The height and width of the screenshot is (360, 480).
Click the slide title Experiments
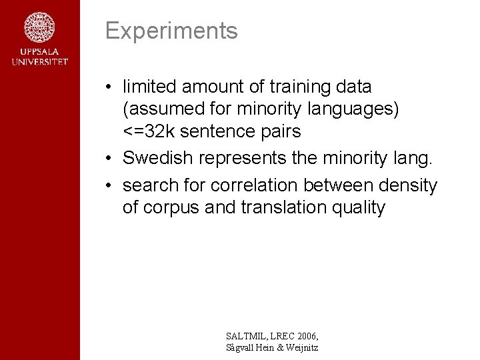171,31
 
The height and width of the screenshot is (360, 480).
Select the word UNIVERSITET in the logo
39,61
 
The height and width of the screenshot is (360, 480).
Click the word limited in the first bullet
149,87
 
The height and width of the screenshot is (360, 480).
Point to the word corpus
176,208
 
